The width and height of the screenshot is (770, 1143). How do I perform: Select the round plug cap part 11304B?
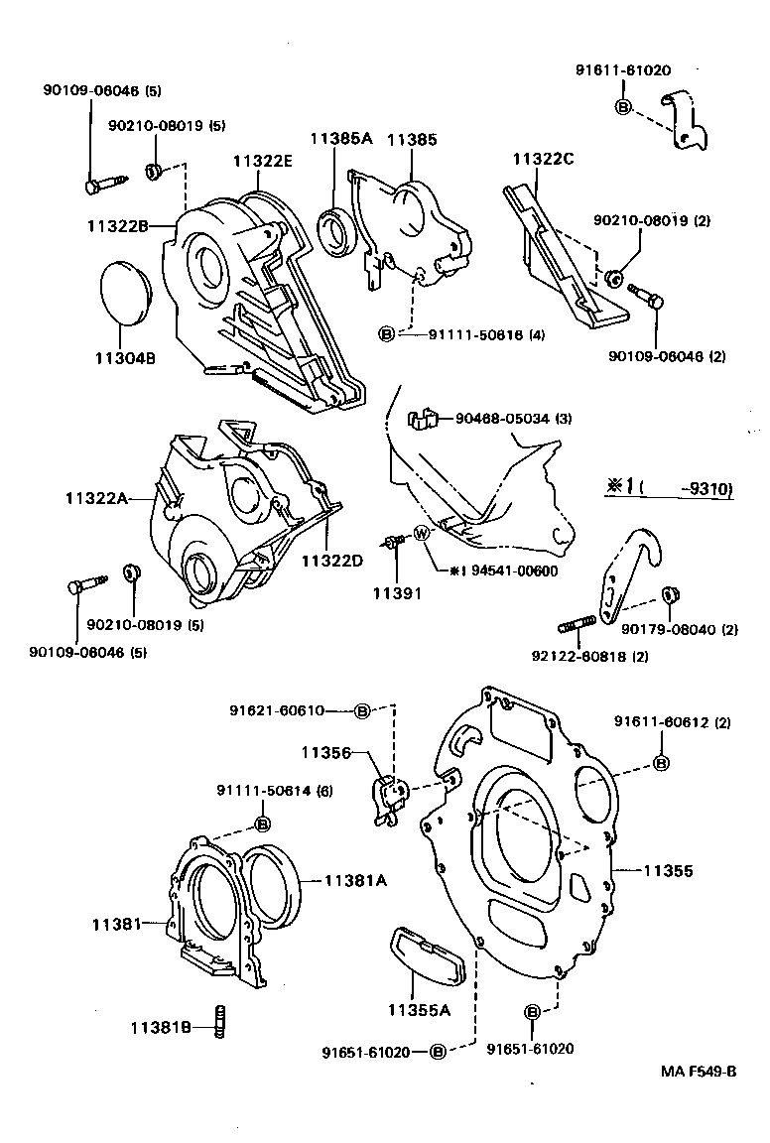click(124, 292)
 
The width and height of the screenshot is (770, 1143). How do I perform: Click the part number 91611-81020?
click(622, 70)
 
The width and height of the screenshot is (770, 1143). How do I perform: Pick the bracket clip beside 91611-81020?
click(688, 119)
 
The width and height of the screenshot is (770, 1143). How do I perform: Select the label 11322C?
click(544, 160)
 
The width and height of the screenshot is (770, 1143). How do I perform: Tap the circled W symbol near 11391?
click(421, 534)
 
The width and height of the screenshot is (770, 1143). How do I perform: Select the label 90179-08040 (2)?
click(680, 629)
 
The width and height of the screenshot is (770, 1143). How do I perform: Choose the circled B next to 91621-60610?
click(362, 711)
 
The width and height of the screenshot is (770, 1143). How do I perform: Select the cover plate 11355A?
click(422, 957)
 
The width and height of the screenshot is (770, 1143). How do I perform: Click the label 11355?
click(668, 871)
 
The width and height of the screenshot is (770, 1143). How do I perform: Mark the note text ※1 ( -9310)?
click(669, 488)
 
